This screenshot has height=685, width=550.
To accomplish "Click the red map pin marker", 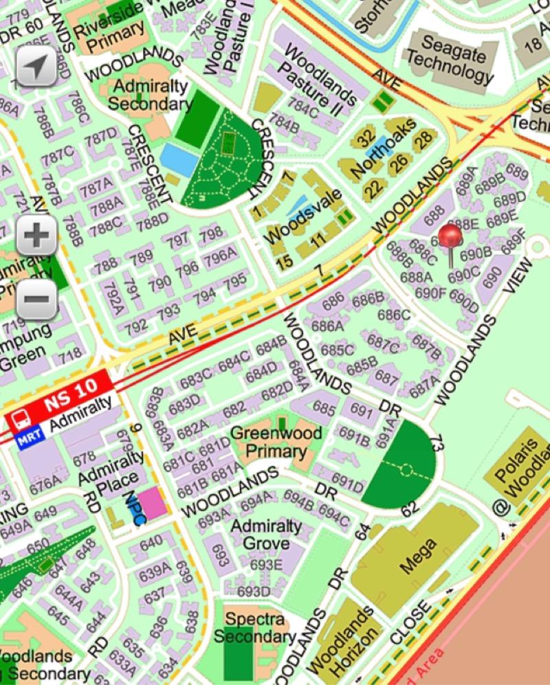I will tap(450, 237).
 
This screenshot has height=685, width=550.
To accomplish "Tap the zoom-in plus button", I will tap(36, 236).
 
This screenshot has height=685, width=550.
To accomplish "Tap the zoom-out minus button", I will tap(36, 298).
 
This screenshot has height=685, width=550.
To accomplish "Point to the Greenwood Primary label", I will tap(276, 442).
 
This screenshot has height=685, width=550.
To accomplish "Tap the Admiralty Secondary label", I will tap(150, 95).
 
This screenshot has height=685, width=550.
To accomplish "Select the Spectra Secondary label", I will tap(254, 628).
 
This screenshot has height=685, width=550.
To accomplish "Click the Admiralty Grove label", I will tap(266, 535).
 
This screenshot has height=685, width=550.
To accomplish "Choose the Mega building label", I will tap(417, 557).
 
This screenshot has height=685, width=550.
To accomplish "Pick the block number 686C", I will tap(393, 315).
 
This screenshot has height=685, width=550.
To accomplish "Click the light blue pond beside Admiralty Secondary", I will tap(179, 160).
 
